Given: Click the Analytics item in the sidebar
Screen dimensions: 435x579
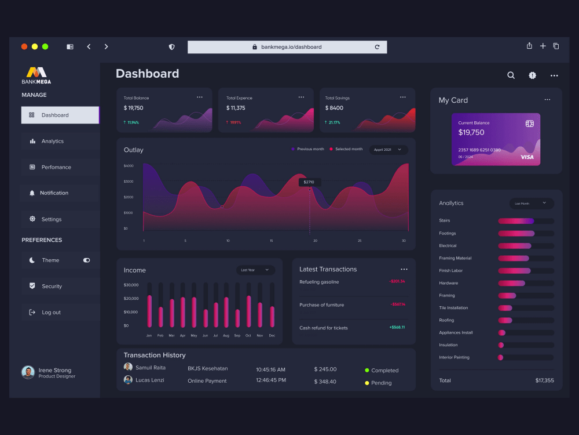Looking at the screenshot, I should pyautogui.click(x=52, y=141).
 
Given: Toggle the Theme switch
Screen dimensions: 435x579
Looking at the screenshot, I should pyautogui.click(x=87, y=260).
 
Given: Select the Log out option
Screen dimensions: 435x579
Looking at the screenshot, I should pyautogui.click(x=51, y=312).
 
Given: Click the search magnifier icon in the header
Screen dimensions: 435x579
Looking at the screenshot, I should pyautogui.click(x=511, y=75).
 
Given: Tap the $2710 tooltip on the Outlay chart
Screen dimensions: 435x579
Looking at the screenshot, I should pyautogui.click(x=309, y=182).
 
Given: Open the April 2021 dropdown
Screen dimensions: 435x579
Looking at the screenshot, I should pyautogui.click(x=388, y=150).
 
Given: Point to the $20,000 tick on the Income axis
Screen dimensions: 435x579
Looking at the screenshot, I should pyautogui.click(x=131, y=298).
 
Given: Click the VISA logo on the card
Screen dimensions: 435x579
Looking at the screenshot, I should pyautogui.click(x=527, y=157).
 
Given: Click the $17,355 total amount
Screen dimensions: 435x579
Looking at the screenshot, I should pyautogui.click(x=544, y=380).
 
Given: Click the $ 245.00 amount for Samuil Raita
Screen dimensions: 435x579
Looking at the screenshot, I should pyautogui.click(x=325, y=369).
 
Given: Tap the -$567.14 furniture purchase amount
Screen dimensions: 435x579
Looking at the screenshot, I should pyautogui.click(x=398, y=304).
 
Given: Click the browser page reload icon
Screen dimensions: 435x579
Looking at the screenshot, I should pyautogui.click(x=377, y=47).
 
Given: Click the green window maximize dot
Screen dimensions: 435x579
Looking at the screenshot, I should pyautogui.click(x=45, y=46).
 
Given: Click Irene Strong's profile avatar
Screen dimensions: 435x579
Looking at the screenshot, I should pyautogui.click(x=28, y=372).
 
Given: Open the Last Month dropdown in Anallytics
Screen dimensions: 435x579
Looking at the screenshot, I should pyautogui.click(x=531, y=204).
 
